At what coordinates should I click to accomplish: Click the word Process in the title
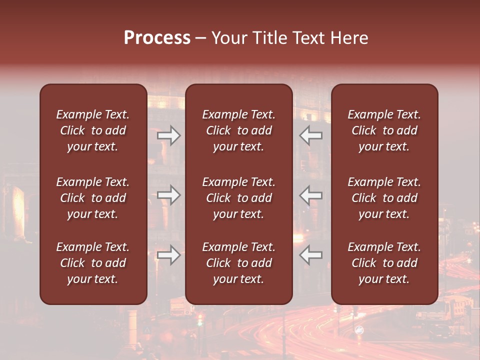point(157,38)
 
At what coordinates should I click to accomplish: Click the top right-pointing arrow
point(169,135)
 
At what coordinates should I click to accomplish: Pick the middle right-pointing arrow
point(169,195)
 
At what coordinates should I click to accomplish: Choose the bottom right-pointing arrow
point(169,255)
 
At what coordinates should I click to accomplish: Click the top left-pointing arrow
point(310,135)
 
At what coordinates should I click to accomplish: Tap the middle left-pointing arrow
point(310,195)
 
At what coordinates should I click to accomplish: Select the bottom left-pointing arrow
point(310,255)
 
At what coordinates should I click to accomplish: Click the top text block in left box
point(93,130)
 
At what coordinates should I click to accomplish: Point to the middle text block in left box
point(93,198)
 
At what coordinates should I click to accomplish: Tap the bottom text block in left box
point(93,263)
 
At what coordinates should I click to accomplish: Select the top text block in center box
point(239,130)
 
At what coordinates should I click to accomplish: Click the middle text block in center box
point(239,198)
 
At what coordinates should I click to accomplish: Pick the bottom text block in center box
point(239,263)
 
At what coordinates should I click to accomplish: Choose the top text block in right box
point(384,130)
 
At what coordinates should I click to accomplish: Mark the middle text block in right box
point(384,198)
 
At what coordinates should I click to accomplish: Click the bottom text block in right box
point(384,263)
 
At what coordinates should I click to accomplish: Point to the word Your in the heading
point(228,38)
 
